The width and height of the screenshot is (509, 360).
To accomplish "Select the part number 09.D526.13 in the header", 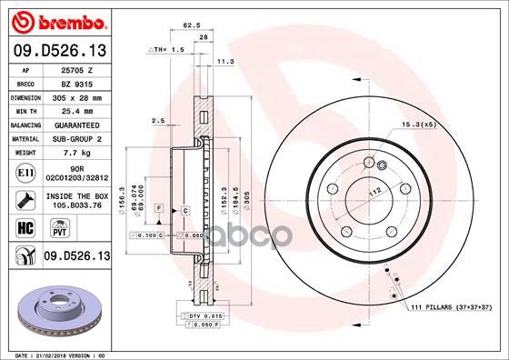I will click(x=60, y=49).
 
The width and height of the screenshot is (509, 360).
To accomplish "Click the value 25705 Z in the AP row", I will click(x=73, y=70).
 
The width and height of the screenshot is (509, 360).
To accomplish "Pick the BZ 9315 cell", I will click(x=73, y=83).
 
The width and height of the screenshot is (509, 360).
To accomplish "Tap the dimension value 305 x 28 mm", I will click(x=73, y=96).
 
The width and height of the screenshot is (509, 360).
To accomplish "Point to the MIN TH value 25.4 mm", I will click(x=73, y=110).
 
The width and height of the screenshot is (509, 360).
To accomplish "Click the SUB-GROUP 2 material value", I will click(x=73, y=138).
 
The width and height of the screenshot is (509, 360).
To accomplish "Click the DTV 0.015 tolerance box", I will click(x=204, y=315).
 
